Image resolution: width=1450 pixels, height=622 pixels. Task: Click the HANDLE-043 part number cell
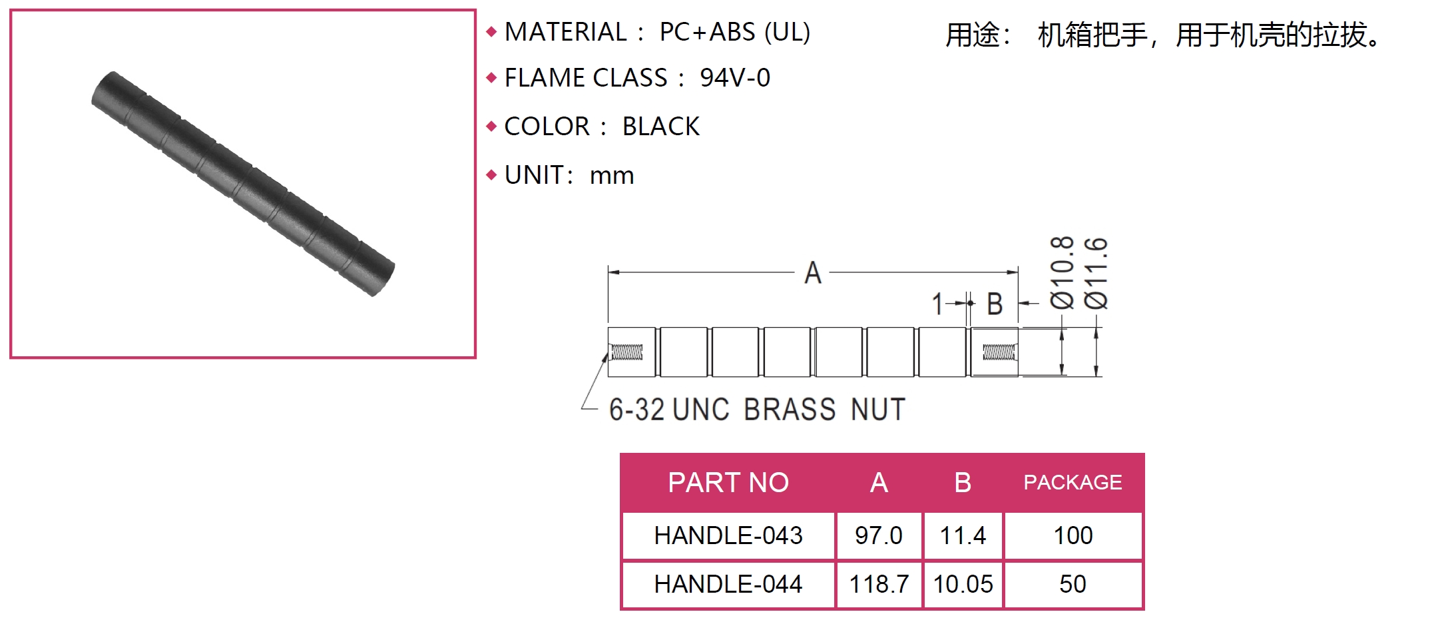coord(728,535)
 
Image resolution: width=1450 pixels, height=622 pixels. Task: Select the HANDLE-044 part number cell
coord(728,584)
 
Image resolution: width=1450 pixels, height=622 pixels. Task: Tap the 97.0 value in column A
coord(879,535)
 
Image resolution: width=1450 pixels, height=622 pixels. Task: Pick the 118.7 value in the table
coord(879,584)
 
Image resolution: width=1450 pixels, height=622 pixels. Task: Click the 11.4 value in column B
coord(963,535)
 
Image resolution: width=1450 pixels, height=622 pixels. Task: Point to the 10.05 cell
coord(963,584)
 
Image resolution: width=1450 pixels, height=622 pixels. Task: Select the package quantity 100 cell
coord(1073,535)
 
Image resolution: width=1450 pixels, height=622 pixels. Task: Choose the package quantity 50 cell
coord(1073,584)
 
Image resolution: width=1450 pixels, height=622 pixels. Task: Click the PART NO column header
coord(728,482)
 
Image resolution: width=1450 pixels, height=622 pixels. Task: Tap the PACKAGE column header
coord(1073,482)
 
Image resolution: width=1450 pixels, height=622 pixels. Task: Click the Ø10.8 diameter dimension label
coord(1063,273)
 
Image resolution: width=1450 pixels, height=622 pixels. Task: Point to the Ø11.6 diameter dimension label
coord(1096,273)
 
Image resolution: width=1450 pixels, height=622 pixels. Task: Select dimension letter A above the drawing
coord(813,273)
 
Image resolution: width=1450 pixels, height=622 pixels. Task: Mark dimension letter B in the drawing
coord(995,304)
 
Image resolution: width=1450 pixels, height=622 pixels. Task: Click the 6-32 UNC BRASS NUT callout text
coord(758,410)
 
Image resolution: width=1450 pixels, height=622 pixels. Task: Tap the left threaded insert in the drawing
coord(626,352)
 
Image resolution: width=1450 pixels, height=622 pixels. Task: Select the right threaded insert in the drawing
coord(999,352)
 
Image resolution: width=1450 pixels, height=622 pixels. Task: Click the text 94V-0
coord(735,78)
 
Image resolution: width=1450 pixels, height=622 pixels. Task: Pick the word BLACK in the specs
coord(661,127)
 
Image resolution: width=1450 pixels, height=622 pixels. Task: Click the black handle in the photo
coord(243,183)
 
